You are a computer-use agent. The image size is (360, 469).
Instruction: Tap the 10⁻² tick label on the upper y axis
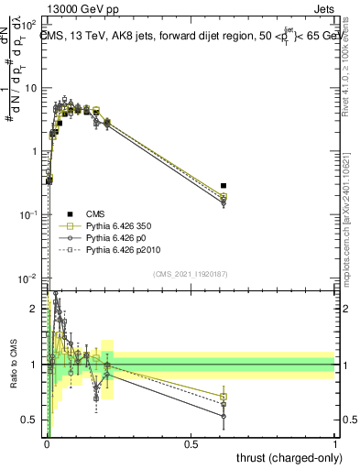[32, 278]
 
